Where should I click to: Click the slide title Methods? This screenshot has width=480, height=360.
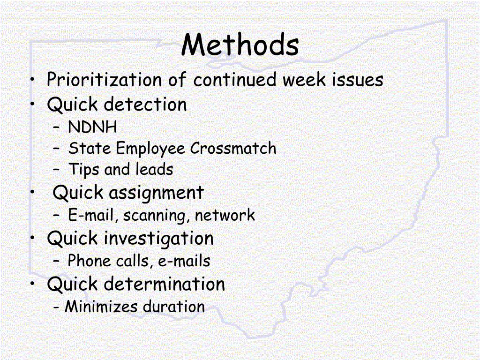[x=240, y=45]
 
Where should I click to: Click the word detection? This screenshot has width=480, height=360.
[x=145, y=104]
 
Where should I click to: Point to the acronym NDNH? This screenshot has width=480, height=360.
[x=92, y=127]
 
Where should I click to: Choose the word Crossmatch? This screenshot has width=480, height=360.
[x=233, y=149]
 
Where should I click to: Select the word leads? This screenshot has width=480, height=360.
[x=154, y=169]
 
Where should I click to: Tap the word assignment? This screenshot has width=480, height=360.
[x=157, y=193]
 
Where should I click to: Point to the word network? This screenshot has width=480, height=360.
[x=225, y=215]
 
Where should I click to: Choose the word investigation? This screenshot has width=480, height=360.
[x=158, y=239]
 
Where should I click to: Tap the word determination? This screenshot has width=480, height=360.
[x=164, y=284]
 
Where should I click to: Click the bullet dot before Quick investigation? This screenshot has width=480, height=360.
[x=33, y=238]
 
